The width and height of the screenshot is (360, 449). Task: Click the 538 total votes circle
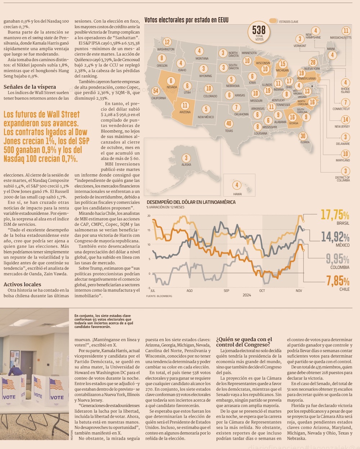coord(259,32)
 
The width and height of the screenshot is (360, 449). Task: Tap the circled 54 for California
coord(156,91)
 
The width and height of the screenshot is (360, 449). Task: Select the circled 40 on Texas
coord(229,124)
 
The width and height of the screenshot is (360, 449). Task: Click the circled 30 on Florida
coord(303,136)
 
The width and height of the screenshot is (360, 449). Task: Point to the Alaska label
coord(186,165)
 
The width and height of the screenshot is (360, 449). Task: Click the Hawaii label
coord(237,194)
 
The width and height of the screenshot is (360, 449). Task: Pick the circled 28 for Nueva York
coord(313,62)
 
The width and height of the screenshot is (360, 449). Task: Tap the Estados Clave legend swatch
coord(273,21)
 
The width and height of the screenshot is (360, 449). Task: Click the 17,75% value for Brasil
coord(335,215)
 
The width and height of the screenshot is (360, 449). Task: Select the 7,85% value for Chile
coord(338,281)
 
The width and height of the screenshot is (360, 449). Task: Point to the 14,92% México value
coord(335,237)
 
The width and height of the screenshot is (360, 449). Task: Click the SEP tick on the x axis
coord(226,291)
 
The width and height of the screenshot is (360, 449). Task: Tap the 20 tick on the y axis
coord(149,216)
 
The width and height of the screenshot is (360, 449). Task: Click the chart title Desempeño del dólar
coord(191,202)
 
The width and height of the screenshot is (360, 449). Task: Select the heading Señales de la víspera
coord(30,87)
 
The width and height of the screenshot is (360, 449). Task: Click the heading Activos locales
coord(22,284)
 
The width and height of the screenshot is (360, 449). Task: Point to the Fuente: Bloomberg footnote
coord(159,296)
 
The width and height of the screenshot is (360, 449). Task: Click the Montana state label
coord(202,58)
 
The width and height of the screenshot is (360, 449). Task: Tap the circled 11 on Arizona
coord(185,105)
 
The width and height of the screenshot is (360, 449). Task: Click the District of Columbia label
coord(342,179)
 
